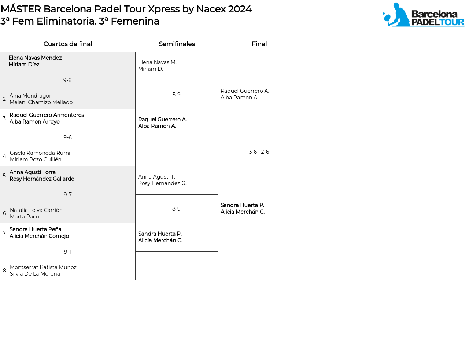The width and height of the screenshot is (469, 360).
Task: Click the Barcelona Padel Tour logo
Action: point(423,15)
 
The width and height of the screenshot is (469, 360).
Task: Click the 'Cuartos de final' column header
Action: point(68,44)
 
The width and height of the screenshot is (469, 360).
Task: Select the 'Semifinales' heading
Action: point(177,44)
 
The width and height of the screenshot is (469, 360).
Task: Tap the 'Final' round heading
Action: point(259,44)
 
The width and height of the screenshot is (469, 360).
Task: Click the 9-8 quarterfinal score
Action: point(67,80)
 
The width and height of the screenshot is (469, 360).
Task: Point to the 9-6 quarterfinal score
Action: point(67,137)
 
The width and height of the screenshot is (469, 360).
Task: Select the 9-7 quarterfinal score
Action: point(67,195)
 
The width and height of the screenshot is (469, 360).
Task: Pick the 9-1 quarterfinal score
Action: point(67,252)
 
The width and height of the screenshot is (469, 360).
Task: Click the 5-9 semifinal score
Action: point(176,95)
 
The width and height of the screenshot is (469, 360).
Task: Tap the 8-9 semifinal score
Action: point(176,209)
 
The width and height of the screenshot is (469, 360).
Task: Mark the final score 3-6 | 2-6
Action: point(259,152)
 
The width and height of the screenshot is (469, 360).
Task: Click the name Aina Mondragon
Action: point(31,96)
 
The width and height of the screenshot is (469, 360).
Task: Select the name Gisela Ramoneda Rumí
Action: point(40,153)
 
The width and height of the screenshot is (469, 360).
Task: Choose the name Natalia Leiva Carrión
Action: point(36,210)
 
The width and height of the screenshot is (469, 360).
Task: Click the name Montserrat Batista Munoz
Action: point(43,267)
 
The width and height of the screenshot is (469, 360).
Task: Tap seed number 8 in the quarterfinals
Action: point(4,271)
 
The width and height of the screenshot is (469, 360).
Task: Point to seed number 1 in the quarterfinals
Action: point(4,61)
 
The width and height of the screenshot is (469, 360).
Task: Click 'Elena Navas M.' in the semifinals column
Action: point(157,62)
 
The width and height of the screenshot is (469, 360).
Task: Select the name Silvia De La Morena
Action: point(35,274)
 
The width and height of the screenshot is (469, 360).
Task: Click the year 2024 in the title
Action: point(240,9)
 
